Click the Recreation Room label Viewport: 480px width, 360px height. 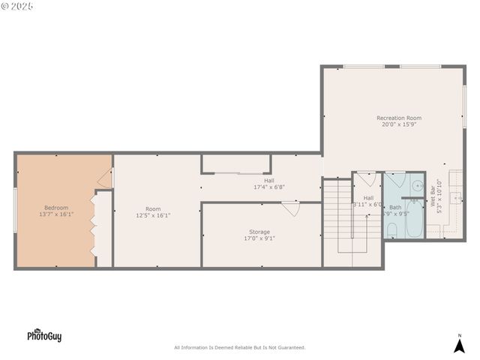tap(398, 118)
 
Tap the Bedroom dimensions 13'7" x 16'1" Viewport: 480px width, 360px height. tap(56, 214)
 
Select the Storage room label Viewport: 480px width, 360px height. tap(259, 232)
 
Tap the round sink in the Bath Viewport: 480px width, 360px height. tap(416, 184)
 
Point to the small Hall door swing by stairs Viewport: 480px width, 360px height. tap(366, 180)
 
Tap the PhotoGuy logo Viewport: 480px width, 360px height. tap(44, 336)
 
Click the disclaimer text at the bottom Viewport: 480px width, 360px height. tap(240, 347)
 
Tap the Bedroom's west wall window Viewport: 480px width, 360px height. tap(15, 209)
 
